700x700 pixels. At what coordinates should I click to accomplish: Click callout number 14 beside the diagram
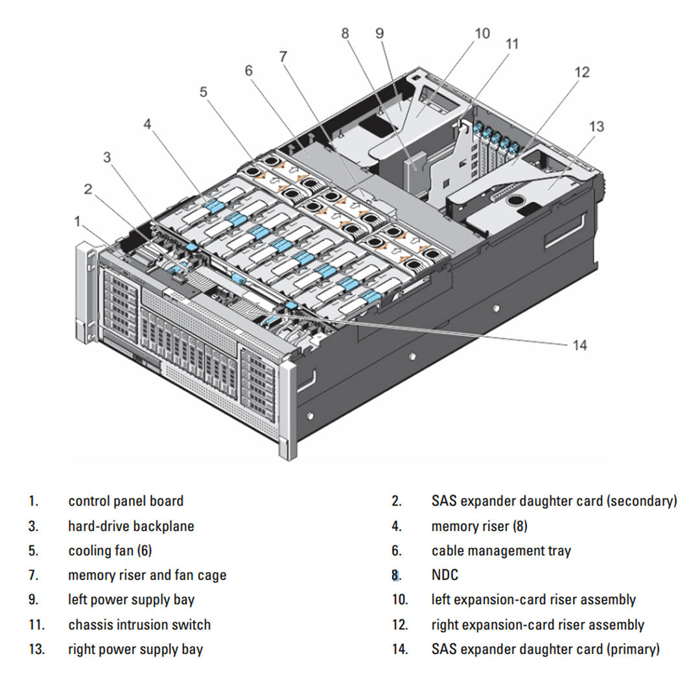tap(579, 345)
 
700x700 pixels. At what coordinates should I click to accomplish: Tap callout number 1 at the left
tap(78, 222)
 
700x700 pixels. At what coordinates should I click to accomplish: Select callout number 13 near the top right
tap(596, 126)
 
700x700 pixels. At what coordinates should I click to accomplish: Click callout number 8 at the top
tap(345, 32)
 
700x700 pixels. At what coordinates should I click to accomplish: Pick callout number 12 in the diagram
tap(582, 72)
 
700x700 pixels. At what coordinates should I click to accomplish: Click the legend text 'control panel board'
tap(126, 501)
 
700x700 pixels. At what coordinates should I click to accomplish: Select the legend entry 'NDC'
tap(445, 575)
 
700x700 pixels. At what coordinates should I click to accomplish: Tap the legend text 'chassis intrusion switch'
tap(139, 625)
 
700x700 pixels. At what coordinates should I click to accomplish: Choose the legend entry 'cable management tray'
tap(501, 551)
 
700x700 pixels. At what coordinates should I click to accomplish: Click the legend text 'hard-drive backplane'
tap(131, 526)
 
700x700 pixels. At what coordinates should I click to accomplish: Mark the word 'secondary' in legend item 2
tap(642, 501)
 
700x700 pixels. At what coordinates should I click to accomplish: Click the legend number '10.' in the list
tap(400, 600)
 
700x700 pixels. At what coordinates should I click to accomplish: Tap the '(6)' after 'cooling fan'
tap(145, 551)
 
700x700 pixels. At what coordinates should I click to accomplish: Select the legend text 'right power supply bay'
tap(135, 649)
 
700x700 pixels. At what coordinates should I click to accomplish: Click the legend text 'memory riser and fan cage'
tap(147, 575)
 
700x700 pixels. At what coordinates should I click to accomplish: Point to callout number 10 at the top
tap(482, 33)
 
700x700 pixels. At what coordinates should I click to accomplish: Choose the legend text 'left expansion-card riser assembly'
tap(533, 600)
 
